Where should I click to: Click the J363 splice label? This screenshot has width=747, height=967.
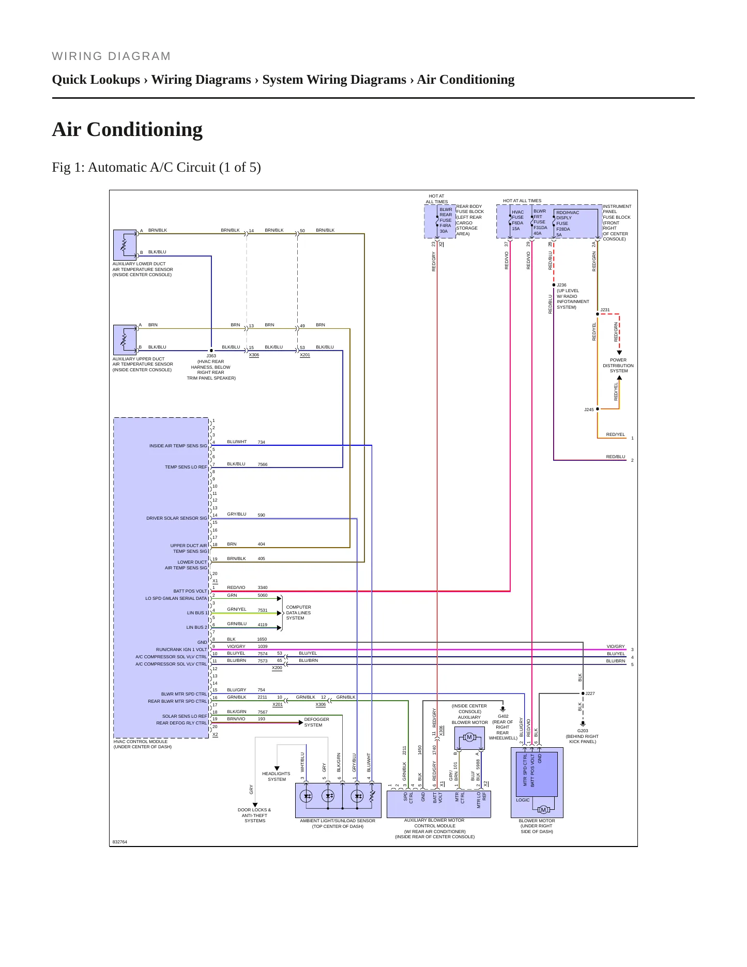[211, 356]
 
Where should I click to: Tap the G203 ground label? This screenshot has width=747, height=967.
[583, 731]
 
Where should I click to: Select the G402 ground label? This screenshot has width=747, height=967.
[503, 716]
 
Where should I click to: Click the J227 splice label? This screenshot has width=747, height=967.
[590, 693]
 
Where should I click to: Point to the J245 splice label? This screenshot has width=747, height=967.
[589, 410]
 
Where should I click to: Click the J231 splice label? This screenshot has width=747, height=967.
[605, 310]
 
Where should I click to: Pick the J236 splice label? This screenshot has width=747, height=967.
[561, 285]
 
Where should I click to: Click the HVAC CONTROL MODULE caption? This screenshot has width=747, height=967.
[141, 742]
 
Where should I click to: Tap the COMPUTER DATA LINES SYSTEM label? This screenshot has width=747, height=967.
[298, 613]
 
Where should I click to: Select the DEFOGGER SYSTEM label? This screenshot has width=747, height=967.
[316, 722]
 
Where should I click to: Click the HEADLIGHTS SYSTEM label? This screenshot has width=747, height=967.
[276, 776]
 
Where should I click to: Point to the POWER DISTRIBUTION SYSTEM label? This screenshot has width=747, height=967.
[618, 366]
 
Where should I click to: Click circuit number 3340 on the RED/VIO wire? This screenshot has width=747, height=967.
[263, 588]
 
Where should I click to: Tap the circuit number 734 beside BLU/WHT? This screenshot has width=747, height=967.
[262, 442]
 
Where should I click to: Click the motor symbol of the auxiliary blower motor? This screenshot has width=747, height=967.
[469, 737]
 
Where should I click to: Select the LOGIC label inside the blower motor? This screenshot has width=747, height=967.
[523, 800]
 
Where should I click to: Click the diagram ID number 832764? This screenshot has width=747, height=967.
[120, 842]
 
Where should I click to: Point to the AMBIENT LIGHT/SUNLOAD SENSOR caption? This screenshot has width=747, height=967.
[338, 821]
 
